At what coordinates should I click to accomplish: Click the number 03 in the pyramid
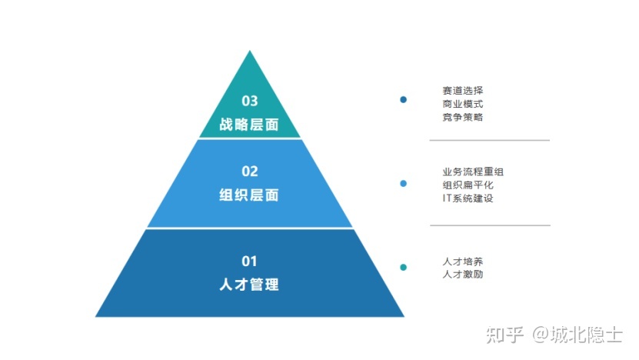[249, 101]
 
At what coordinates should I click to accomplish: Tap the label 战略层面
[249, 125]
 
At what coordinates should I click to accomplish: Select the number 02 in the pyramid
[249, 172]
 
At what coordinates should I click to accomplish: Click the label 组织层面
[249, 195]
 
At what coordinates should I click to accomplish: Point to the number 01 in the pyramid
[249, 261]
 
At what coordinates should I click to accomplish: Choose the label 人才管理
[249, 285]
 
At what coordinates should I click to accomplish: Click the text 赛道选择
[463, 91]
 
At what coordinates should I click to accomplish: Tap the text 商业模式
[463, 104]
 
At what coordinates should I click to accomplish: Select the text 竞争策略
[463, 117]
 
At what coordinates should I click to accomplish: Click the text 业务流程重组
[473, 172]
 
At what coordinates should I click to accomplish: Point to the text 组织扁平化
[468, 185]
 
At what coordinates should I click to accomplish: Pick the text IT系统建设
[468, 198]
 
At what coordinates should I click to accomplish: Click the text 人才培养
[463, 262]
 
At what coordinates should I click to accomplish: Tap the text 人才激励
[463, 275]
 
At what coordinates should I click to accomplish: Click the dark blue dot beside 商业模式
[404, 99]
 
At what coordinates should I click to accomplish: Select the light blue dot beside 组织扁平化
[404, 184]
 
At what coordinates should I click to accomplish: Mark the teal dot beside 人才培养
[404, 268]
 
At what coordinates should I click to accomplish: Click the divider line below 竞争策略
[489, 140]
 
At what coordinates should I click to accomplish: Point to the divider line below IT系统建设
[491, 225]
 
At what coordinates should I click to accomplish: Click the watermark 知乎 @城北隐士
[554, 335]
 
